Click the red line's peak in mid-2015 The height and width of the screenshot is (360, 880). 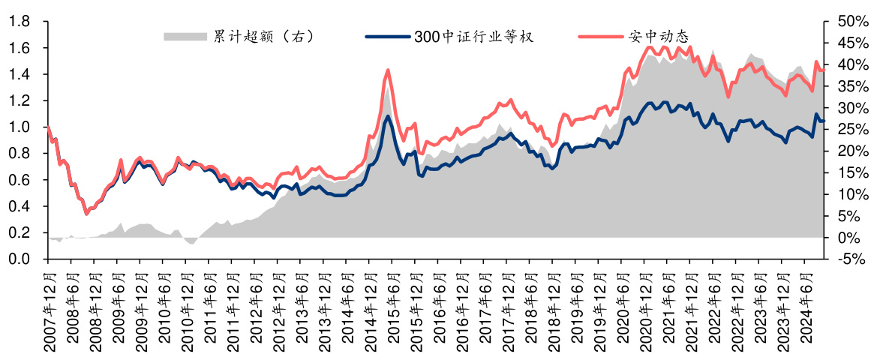tap(387, 70)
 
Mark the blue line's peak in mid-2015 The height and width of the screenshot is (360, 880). tap(388, 115)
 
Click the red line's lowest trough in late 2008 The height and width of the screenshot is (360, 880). tap(86, 214)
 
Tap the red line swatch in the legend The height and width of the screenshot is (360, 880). tap(601, 36)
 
